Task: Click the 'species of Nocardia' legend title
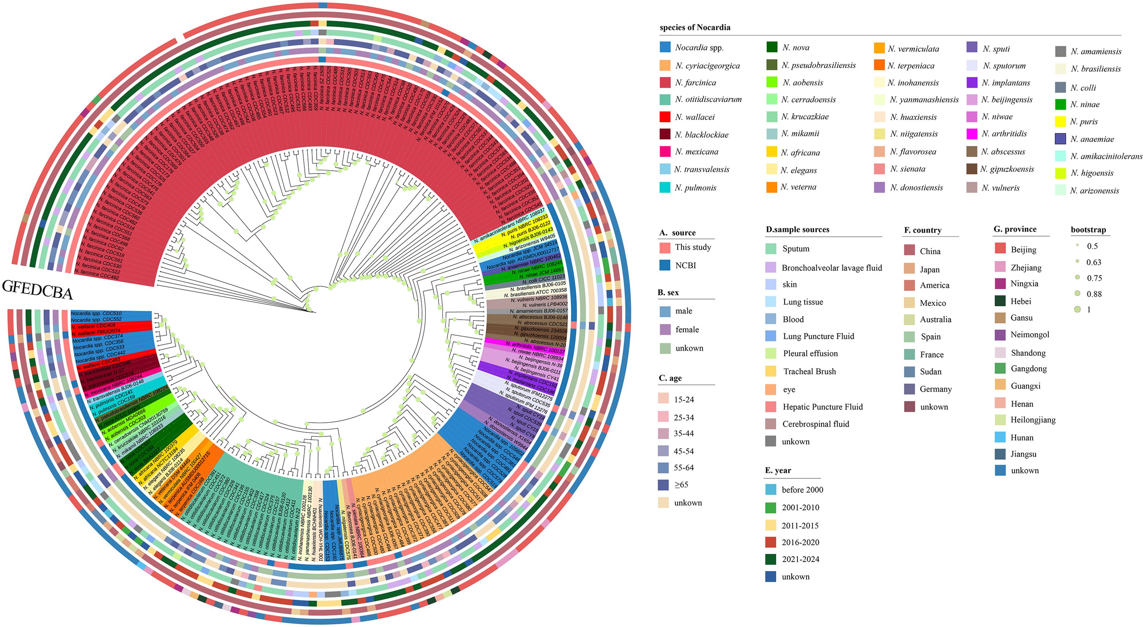tap(695, 27)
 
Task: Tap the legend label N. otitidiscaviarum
tap(708, 100)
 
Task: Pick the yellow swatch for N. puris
tap(1061, 121)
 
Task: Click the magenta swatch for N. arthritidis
tap(972, 133)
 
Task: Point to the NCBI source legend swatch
tap(665, 265)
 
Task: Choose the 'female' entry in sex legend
tap(687, 330)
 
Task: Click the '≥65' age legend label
tap(681, 485)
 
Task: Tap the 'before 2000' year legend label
tap(802, 490)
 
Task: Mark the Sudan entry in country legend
tap(930, 372)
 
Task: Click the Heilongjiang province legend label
tap(1033, 420)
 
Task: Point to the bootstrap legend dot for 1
tap(1077, 309)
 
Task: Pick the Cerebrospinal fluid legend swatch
tap(771, 424)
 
